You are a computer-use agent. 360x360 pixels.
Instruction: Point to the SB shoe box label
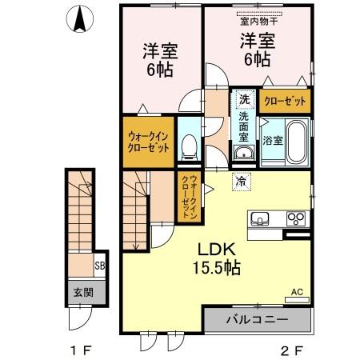101,266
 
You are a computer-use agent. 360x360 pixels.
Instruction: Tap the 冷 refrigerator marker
240,181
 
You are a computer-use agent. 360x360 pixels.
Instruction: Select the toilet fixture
189,146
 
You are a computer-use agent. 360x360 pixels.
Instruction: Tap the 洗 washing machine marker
244,100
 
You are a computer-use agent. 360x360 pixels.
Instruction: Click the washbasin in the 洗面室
243,153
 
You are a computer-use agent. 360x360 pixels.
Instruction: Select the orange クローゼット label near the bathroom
284,101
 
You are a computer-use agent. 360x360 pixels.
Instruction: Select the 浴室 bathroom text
272,141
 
